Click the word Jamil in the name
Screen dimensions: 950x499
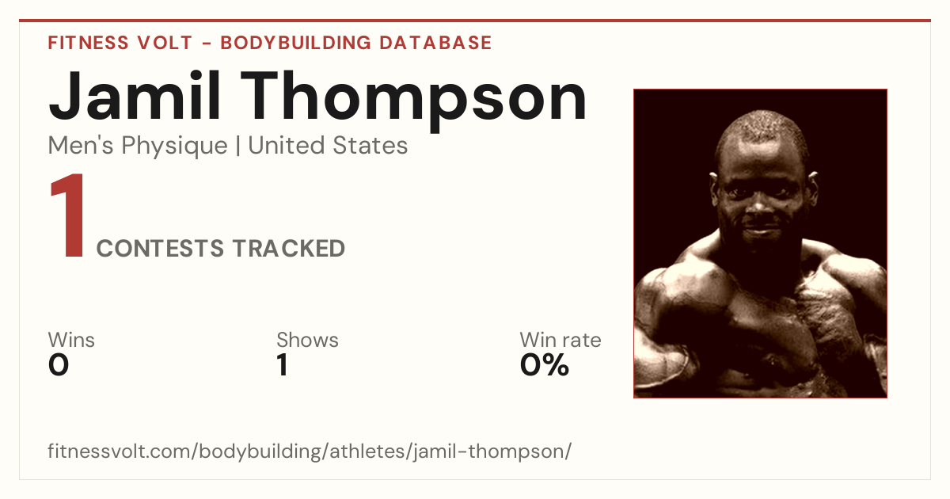(x=135, y=97)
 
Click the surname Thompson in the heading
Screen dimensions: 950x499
(x=414, y=102)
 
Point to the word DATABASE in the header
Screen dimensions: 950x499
(x=435, y=43)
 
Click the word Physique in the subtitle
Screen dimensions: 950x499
(x=174, y=147)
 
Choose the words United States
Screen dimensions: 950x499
(x=328, y=145)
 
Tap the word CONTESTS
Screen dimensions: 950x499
(x=160, y=248)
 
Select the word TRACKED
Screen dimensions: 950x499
(x=289, y=248)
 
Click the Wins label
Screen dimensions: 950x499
(x=71, y=340)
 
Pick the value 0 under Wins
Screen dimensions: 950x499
(x=59, y=365)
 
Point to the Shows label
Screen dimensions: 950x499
(x=307, y=340)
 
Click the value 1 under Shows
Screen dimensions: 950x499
(x=283, y=365)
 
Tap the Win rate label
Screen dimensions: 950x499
(x=560, y=340)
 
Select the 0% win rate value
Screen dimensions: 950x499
(x=545, y=365)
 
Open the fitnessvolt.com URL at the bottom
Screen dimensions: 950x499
(x=310, y=451)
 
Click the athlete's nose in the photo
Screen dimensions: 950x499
(x=758, y=206)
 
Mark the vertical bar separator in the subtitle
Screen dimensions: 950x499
(x=238, y=146)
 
